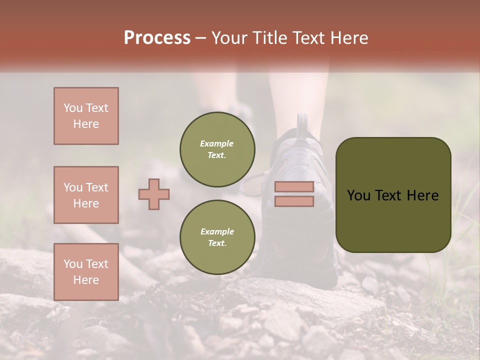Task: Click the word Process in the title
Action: [157, 38]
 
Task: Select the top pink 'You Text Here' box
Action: [86, 116]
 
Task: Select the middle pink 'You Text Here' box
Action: [86, 195]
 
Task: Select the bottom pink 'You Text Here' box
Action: [86, 271]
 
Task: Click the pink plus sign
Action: [154, 194]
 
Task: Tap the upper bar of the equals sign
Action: [294, 186]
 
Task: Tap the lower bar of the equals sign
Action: [294, 201]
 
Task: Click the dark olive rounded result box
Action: [393, 220]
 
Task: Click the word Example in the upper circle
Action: [217, 143]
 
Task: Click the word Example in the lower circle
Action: [217, 231]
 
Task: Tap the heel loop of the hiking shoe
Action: [302, 125]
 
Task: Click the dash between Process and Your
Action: [200, 38]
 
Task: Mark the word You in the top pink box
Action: [73, 108]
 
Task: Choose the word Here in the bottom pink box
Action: [86, 280]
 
